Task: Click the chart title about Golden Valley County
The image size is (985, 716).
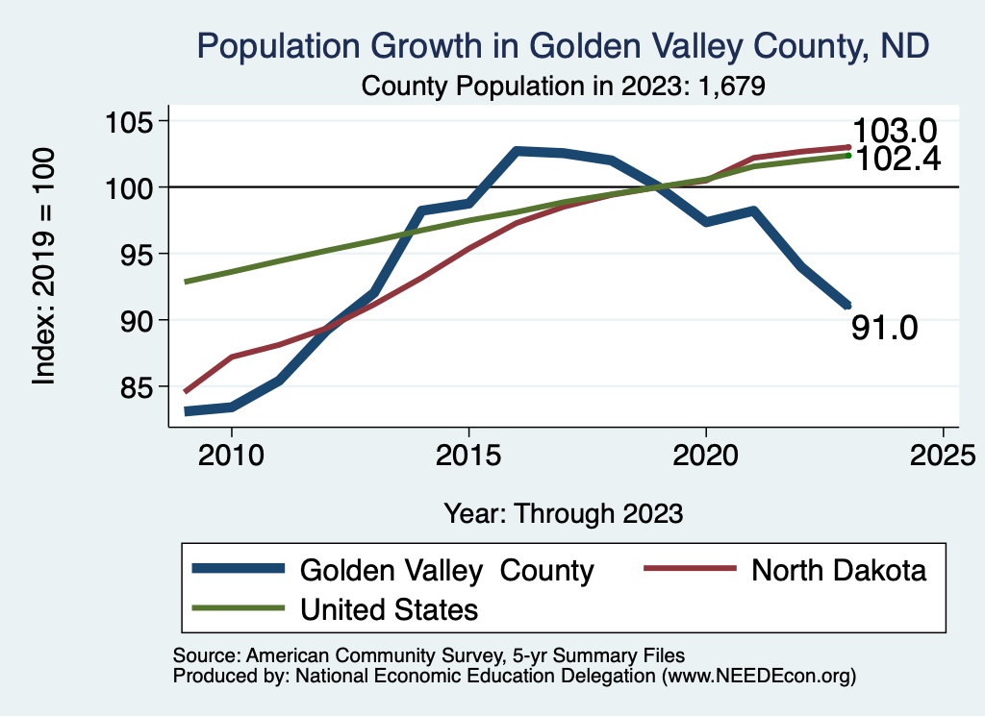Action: (563, 45)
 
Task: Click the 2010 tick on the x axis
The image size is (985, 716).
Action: (232, 454)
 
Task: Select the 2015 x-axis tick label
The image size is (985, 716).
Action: (468, 454)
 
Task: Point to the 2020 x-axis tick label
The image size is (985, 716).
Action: (706, 454)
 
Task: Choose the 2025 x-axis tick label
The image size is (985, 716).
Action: (943, 454)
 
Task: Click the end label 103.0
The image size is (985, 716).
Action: (895, 131)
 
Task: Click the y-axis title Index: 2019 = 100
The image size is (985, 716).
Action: (44, 266)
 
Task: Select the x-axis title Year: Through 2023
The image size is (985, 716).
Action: (564, 512)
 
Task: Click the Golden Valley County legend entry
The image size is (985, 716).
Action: (446, 570)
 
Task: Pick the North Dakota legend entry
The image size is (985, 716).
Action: (838, 570)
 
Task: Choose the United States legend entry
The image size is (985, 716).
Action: (389, 608)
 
